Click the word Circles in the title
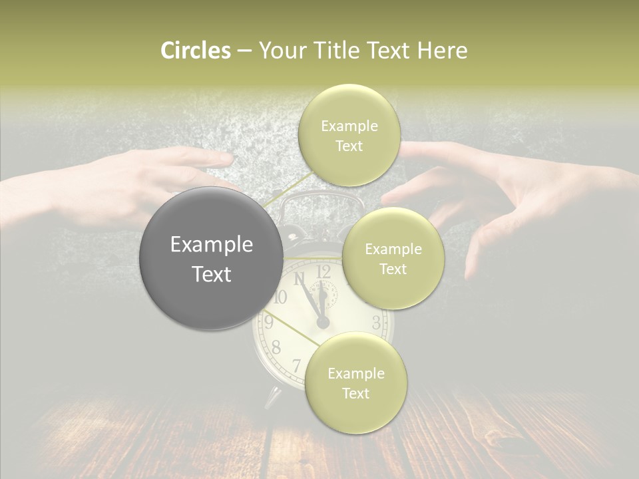[195, 51]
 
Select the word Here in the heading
[443, 51]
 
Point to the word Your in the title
[280, 51]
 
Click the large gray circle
[212, 258]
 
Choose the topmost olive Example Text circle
[349, 135]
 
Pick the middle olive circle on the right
[393, 258]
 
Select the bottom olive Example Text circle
[355, 383]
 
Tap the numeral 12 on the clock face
[323, 271]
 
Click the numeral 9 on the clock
[269, 323]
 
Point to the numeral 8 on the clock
[276, 347]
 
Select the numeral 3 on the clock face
[376, 324]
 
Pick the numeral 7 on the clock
[297, 365]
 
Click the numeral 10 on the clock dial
[280, 297]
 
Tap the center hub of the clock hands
[323, 323]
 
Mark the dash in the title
[244, 51]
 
